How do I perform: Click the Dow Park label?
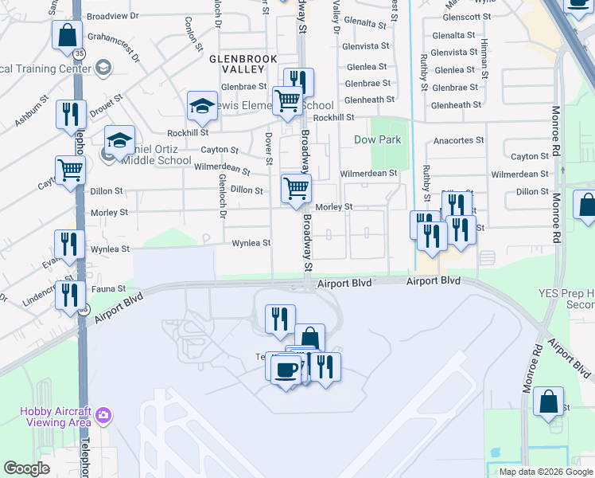pyautogui.click(x=378, y=140)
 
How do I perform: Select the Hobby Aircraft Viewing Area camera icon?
pyautogui.click(x=103, y=415)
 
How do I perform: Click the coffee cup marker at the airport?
pyautogui.click(x=286, y=369)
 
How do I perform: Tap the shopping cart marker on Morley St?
pyautogui.click(x=297, y=190)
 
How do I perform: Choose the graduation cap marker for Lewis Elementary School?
pyautogui.click(x=203, y=106)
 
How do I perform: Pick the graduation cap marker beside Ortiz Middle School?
pyautogui.click(x=119, y=141)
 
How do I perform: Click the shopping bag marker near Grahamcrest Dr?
pyautogui.click(x=68, y=35)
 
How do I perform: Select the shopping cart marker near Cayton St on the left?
pyautogui.click(x=70, y=170)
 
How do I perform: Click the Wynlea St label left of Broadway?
pyautogui.click(x=251, y=244)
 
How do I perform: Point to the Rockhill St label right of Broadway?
pyautogui.click(x=332, y=118)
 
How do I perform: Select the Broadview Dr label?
pyautogui.click(x=112, y=16)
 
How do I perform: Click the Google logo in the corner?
pyautogui.click(x=27, y=468)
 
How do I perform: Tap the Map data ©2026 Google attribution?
pyautogui.click(x=545, y=472)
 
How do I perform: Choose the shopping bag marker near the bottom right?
pyautogui.click(x=548, y=402)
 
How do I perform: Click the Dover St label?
pyautogui.click(x=269, y=150)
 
